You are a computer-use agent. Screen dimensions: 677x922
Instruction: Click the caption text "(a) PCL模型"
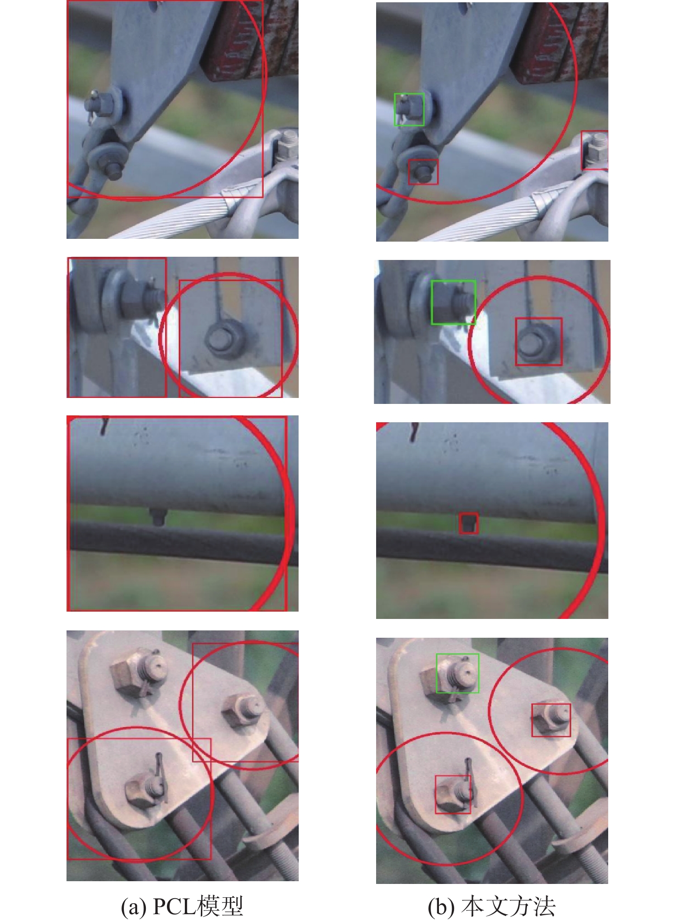[x=182, y=906]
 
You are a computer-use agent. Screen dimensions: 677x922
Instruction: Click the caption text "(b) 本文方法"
[x=492, y=906]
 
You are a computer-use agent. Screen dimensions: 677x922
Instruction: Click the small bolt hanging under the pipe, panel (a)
[x=157, y=517]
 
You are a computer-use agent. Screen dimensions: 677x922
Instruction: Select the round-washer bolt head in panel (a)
[x=222, y=338]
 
